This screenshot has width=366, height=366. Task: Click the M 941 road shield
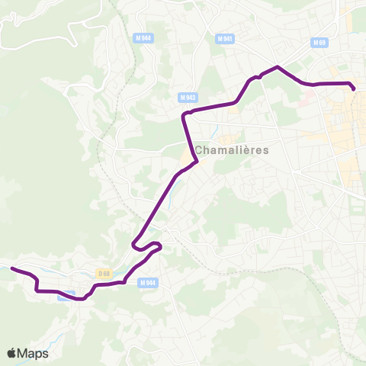coord(223,38)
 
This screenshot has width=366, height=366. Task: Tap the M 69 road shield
coord(320,43)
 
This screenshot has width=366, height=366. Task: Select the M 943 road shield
coord(188,98)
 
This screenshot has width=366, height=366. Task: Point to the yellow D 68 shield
coord(105,272)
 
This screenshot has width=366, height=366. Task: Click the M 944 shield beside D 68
coord(148,282)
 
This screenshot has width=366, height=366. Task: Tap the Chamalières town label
coord(232,150)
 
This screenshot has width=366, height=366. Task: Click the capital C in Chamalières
coord(198,150)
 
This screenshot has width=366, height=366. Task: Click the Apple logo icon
coord(12,353)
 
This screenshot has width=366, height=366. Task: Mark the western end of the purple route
coord(11,268)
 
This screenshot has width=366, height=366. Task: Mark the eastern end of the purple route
coord(354,90)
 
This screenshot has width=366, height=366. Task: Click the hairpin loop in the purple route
coord(135,245)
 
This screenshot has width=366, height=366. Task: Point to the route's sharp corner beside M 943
coord(184,114)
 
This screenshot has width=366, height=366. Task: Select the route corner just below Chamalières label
coord(197,162)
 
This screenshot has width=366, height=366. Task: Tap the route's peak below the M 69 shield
coord(278,68)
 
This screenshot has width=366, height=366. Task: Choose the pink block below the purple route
coord(309,97)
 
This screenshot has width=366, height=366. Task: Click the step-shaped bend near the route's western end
coord(37,284)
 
